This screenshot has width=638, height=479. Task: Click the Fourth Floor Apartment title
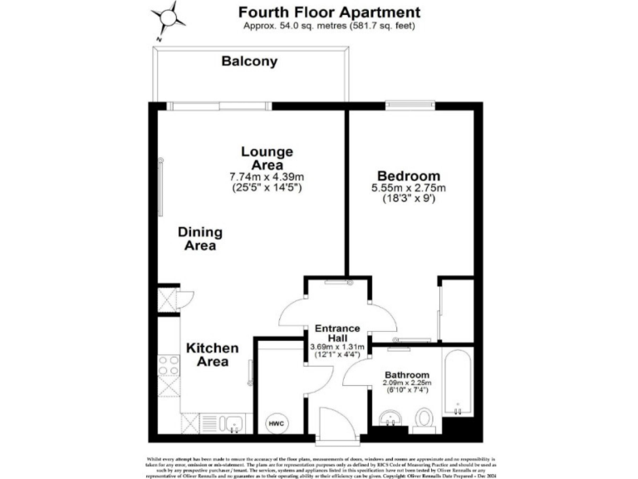click(329, 12)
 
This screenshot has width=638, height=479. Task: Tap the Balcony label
click(249, 62)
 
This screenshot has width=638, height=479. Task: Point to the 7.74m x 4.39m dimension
click(267, 176)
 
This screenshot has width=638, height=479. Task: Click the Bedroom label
click(408, 176)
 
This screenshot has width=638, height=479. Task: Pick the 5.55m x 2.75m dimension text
click(408, 188)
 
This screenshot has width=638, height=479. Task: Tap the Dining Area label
click(198, 239)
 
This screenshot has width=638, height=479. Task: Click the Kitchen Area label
click(212, 354)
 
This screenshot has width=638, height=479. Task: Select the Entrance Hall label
click(336, 333)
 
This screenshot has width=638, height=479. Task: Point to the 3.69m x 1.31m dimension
click(337, 347)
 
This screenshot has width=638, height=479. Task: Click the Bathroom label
click(407, 374)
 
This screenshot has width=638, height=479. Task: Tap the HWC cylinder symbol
click(275, 423)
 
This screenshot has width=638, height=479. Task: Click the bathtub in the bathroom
click(458, 385)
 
